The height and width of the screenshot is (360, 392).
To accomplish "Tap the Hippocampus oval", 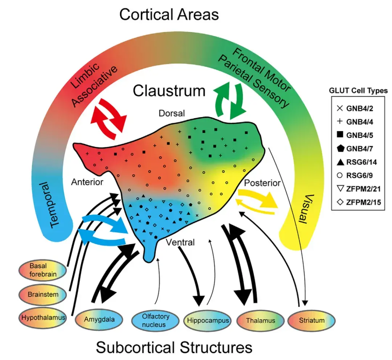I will pyautogui.click(x=208, y=320).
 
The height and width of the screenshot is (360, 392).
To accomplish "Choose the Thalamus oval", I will pyautogui.click(x=260, y=320).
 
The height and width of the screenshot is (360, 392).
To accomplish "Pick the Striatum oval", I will pyautogui.click(x=311, y=320).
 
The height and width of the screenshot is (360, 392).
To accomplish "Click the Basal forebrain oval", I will pyautogui.click(x=43, y=270).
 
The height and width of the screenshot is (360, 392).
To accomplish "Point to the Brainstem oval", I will pyautogui.click(x=43, y=294).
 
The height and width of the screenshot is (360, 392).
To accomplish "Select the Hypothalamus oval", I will pyautogui.click(x=43, y=317).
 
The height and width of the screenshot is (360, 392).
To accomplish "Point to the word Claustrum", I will pyautogui.click(x=169, y=90).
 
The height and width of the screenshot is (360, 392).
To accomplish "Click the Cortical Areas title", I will pyautogui.click(x=169, y=15).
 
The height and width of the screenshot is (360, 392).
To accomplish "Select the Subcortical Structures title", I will pyautogui.click(x=174, y=347).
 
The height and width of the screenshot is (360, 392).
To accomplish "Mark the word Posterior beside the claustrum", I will pyautogui.click(x=262, y=183).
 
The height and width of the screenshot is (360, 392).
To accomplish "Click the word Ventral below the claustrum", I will pyautogui.click(x=180, y=242).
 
